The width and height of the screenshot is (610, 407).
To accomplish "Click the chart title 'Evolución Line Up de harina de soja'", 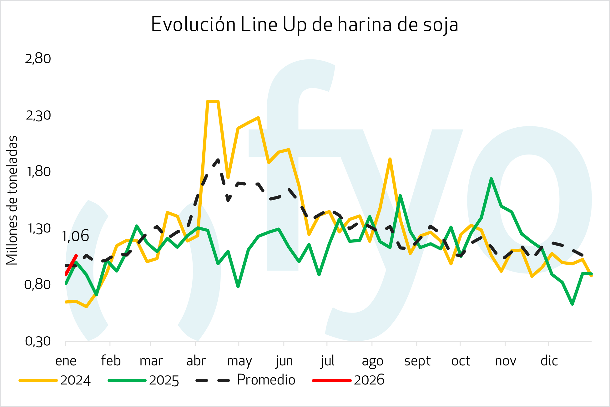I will (305, 24).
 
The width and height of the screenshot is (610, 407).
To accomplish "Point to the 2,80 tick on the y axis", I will (38, 59).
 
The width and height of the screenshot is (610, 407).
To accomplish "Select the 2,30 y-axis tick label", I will (38, 115).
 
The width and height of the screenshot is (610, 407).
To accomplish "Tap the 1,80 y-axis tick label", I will (38, 171).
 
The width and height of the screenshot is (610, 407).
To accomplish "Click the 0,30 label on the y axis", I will (38, 341).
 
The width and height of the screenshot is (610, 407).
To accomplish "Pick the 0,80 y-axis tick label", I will (38, 284).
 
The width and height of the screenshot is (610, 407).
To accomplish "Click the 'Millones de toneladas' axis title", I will (12, 200).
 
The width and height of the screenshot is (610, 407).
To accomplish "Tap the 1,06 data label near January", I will (75, 236).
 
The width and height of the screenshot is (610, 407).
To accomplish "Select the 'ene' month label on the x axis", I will (66, 361).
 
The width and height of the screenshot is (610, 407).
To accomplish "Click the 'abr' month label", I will (196, 361).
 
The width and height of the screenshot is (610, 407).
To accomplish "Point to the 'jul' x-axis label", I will (327, 361).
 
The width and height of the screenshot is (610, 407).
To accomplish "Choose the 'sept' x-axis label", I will (417, 361).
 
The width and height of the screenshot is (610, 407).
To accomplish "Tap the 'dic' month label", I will (549, 361).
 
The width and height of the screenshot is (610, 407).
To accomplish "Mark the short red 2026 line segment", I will (71, 265).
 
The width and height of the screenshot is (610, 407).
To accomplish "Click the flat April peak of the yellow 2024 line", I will (213, 101).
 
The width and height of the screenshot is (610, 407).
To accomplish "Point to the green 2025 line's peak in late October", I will (492, 179).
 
